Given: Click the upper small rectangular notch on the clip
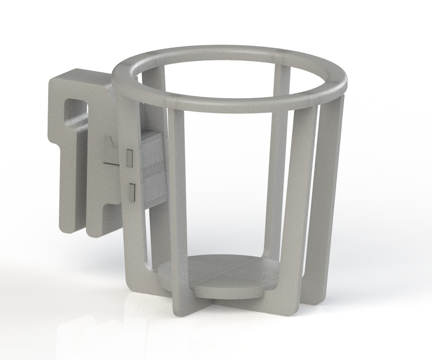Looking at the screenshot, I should point(130,156).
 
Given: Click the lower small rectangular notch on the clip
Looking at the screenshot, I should point(132,192).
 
